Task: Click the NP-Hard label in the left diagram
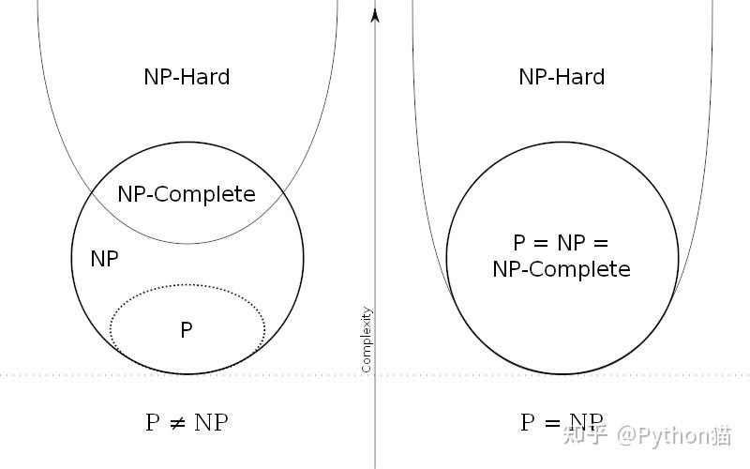pyautogui.click(x=187, y=77)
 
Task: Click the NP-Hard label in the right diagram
pyautogui.click(x=562, y=77)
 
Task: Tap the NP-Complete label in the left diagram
pyautogui.click(x=187, y=194)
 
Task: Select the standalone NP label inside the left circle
pyautogui.click(x=104, y=259)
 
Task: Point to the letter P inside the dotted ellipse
pyautogui.click(x=187, y=330)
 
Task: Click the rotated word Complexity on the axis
pyautogui.click(x=367, y=340)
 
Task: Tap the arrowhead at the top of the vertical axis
pyautogui.click(x=375, y=14)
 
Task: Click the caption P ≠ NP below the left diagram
pyautogui.click(x=187, y=422)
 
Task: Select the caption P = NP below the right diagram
pyautogui.click(x=562, y=422)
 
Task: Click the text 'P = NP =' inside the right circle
pyautogui.click(x=562, y=243)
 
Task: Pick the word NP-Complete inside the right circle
pyautogui.click(x=562, y=269)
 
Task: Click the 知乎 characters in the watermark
pyautogui.click(x=585, y=435)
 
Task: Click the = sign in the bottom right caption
pyautogui.click(x=552, y=423)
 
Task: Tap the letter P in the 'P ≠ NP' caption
pyautogui.click(x=153, y=422)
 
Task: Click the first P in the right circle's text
pyautogui.click(x=520, y=243)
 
